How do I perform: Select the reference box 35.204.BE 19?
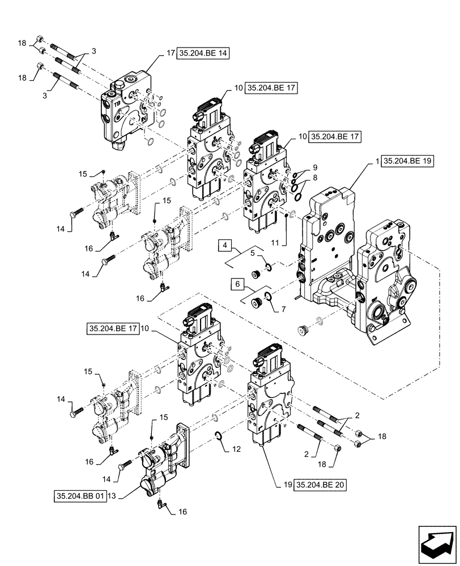click(x=407, y=161)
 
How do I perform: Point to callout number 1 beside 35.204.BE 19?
click(x=377, y=161)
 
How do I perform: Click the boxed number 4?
click(x=225, y=245)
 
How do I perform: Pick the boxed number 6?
click(x=237, y=282)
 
